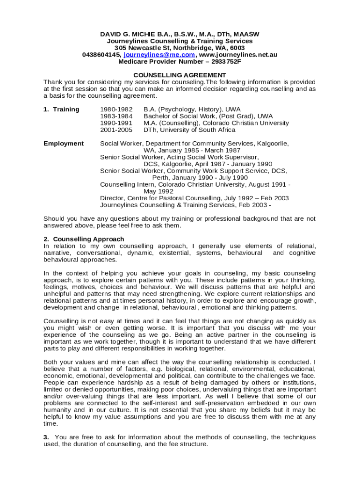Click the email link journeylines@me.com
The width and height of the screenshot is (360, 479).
(x=159, y=55)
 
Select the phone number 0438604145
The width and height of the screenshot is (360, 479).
(x=101, y=55)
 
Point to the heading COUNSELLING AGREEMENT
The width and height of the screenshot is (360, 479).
(x=180, y=75)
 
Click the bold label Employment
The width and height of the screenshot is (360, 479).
(x=64, y=144)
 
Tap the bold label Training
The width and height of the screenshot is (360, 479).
(x=66, y=109)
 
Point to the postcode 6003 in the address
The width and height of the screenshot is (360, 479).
(x=237, y=48)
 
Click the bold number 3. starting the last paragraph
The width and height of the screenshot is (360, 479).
(x=46, y=437)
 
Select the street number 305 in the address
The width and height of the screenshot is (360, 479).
(x=120, y=48)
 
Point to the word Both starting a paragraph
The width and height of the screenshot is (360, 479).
(x=51, y=362)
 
